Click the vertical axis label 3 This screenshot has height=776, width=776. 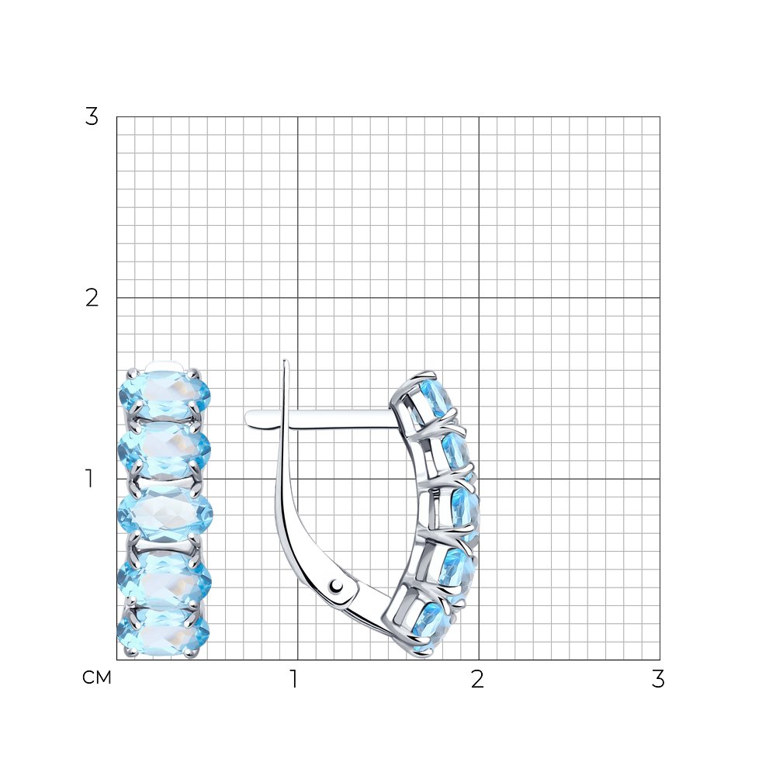pos(92,117)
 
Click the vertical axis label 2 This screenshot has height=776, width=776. pos(92,298)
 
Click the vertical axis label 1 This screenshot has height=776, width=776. pos(89,479)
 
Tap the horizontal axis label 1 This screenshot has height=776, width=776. pos(294,679)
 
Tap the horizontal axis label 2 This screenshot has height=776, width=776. pos(477,679)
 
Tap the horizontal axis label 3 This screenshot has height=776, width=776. pos(658,679)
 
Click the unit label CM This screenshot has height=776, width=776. pos(97,677)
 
